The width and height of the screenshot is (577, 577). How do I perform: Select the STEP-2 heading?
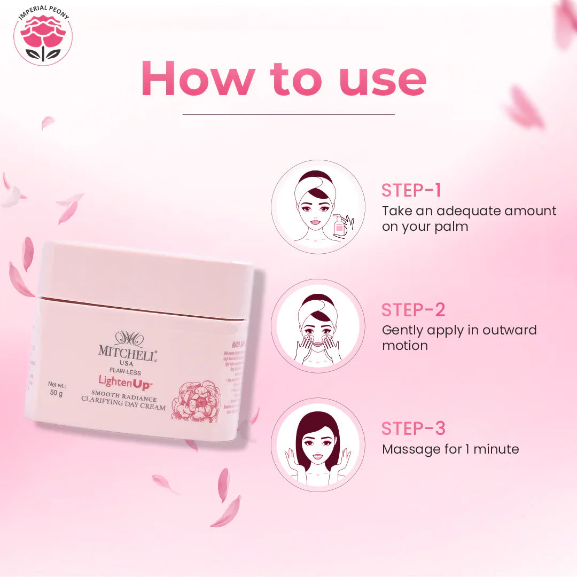coord(413,310)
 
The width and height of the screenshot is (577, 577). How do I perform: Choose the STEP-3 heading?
coord(413,428)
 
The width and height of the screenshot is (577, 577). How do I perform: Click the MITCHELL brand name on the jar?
coord(127,351)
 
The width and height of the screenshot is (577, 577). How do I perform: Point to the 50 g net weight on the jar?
coord(56,394)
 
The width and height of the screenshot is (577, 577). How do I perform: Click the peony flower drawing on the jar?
coord(196,401)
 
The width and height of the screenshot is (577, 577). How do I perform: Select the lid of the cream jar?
coord(144,278)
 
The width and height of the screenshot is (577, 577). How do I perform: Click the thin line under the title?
coord(288,114)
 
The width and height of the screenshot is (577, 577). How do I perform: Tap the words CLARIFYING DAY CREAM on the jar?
coord(123,407)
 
